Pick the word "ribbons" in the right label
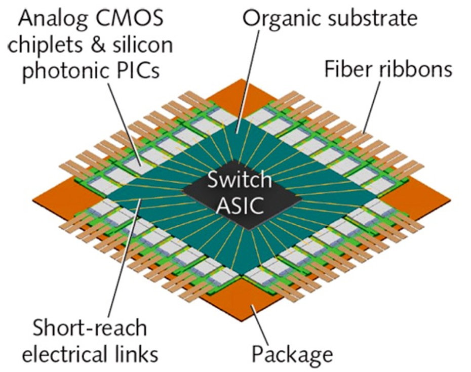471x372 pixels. (413, 68)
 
